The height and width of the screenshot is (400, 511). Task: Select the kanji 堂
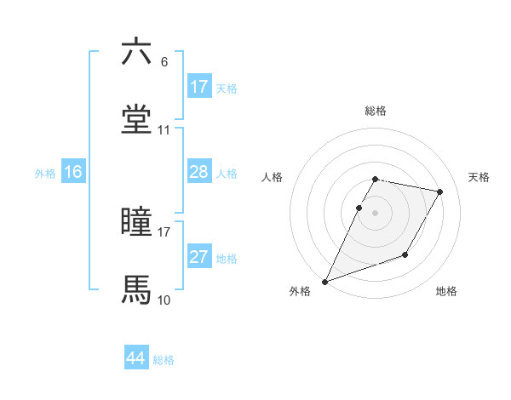136,120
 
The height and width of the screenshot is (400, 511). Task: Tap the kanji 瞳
136,222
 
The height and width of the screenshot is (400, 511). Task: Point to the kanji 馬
136,290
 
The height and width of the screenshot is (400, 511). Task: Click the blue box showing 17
199,87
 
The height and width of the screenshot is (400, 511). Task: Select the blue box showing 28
199,172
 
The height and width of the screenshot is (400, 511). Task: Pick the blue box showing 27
199,257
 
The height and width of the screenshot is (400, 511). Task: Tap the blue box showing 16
73,172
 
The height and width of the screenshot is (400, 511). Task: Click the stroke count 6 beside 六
164,62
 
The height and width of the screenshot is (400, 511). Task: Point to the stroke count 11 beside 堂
164,130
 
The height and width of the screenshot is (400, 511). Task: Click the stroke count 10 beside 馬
164,300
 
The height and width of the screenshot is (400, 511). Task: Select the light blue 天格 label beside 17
227,89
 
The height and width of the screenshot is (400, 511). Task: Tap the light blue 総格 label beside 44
164,360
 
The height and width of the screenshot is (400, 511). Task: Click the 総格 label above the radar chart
376,111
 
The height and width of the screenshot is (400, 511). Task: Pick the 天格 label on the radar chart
479,177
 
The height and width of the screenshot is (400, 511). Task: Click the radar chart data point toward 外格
324,282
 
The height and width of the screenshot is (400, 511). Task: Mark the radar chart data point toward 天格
440,192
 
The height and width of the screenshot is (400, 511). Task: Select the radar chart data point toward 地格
405,254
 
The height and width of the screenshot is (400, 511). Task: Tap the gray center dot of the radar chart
376,212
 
